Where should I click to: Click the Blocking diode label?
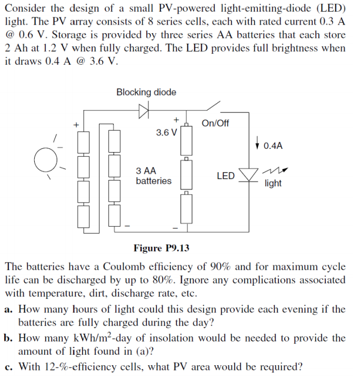(x=146, y=92)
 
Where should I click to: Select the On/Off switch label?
(x=215, y=123)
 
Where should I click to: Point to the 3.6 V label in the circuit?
(x=166, y=133)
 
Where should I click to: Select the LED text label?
(x=225, y=176)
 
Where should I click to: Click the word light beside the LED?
(x=273, y=183)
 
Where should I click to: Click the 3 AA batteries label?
(x=153, y=176)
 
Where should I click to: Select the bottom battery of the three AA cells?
(x=187, y=208)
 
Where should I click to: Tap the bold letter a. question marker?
(x=9, y=309)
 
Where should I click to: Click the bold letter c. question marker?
(x=9, y=366)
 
